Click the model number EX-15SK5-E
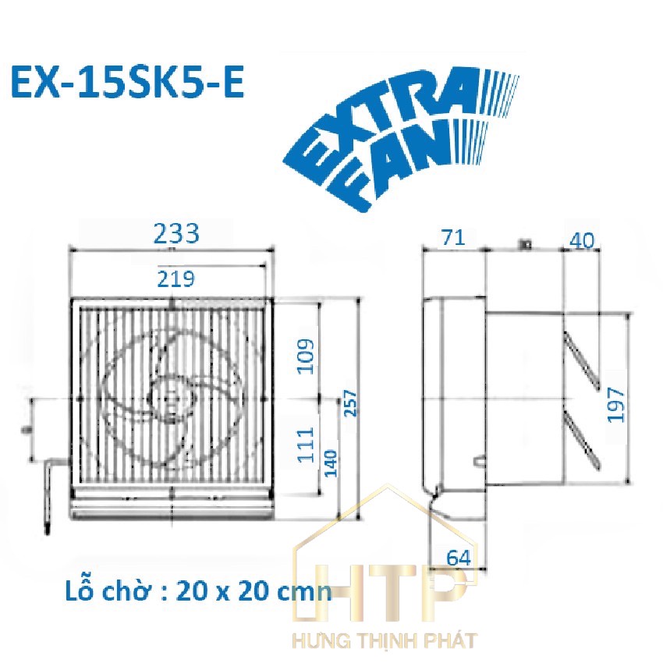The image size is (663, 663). pyautogui.click(x=127, y=83)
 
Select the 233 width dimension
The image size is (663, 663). pyautogui.click(x=176, y=233)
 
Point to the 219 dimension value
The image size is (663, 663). pyautogui.click(x=176, y=279)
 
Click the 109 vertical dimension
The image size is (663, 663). pyautogui.click(x=305, y=356)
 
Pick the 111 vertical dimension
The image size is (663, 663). pyautogui.click(x=306, y=445)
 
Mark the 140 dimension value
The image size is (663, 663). pyautogui.click(x=330, y=463)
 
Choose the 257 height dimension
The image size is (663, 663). pyautogui.click(x=350, y=403)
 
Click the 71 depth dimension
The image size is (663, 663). pyautogui.click(x=453, y=238)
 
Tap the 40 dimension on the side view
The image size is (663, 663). pyautogui.click(x=582, y=241)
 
